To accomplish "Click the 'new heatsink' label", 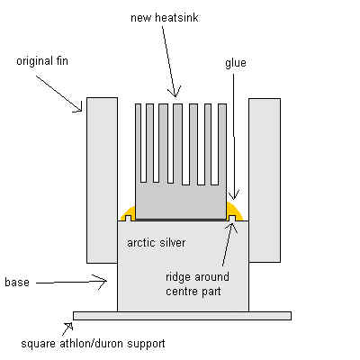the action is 165,18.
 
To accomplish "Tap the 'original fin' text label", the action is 42,61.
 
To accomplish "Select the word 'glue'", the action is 236,63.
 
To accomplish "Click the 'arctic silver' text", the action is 157,243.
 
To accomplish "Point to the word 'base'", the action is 17,283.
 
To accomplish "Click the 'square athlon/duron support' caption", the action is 93,344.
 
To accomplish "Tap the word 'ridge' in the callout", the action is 178,277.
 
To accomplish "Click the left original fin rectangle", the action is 102,180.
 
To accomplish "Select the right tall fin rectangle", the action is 265,180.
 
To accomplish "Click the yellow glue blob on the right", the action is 237,211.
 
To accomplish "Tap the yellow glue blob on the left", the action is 128,213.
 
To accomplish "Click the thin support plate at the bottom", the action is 182,316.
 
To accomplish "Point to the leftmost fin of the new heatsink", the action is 138,144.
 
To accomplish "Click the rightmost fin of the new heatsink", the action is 222,144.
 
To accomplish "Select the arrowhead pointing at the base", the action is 101,282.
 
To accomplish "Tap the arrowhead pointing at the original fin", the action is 77,106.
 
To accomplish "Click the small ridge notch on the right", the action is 231,218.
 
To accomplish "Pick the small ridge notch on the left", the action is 129,218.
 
